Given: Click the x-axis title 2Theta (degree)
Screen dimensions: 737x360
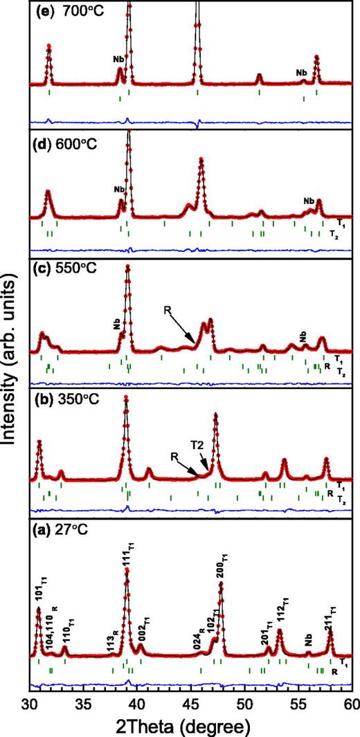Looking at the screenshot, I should click(x=191, y=726).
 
